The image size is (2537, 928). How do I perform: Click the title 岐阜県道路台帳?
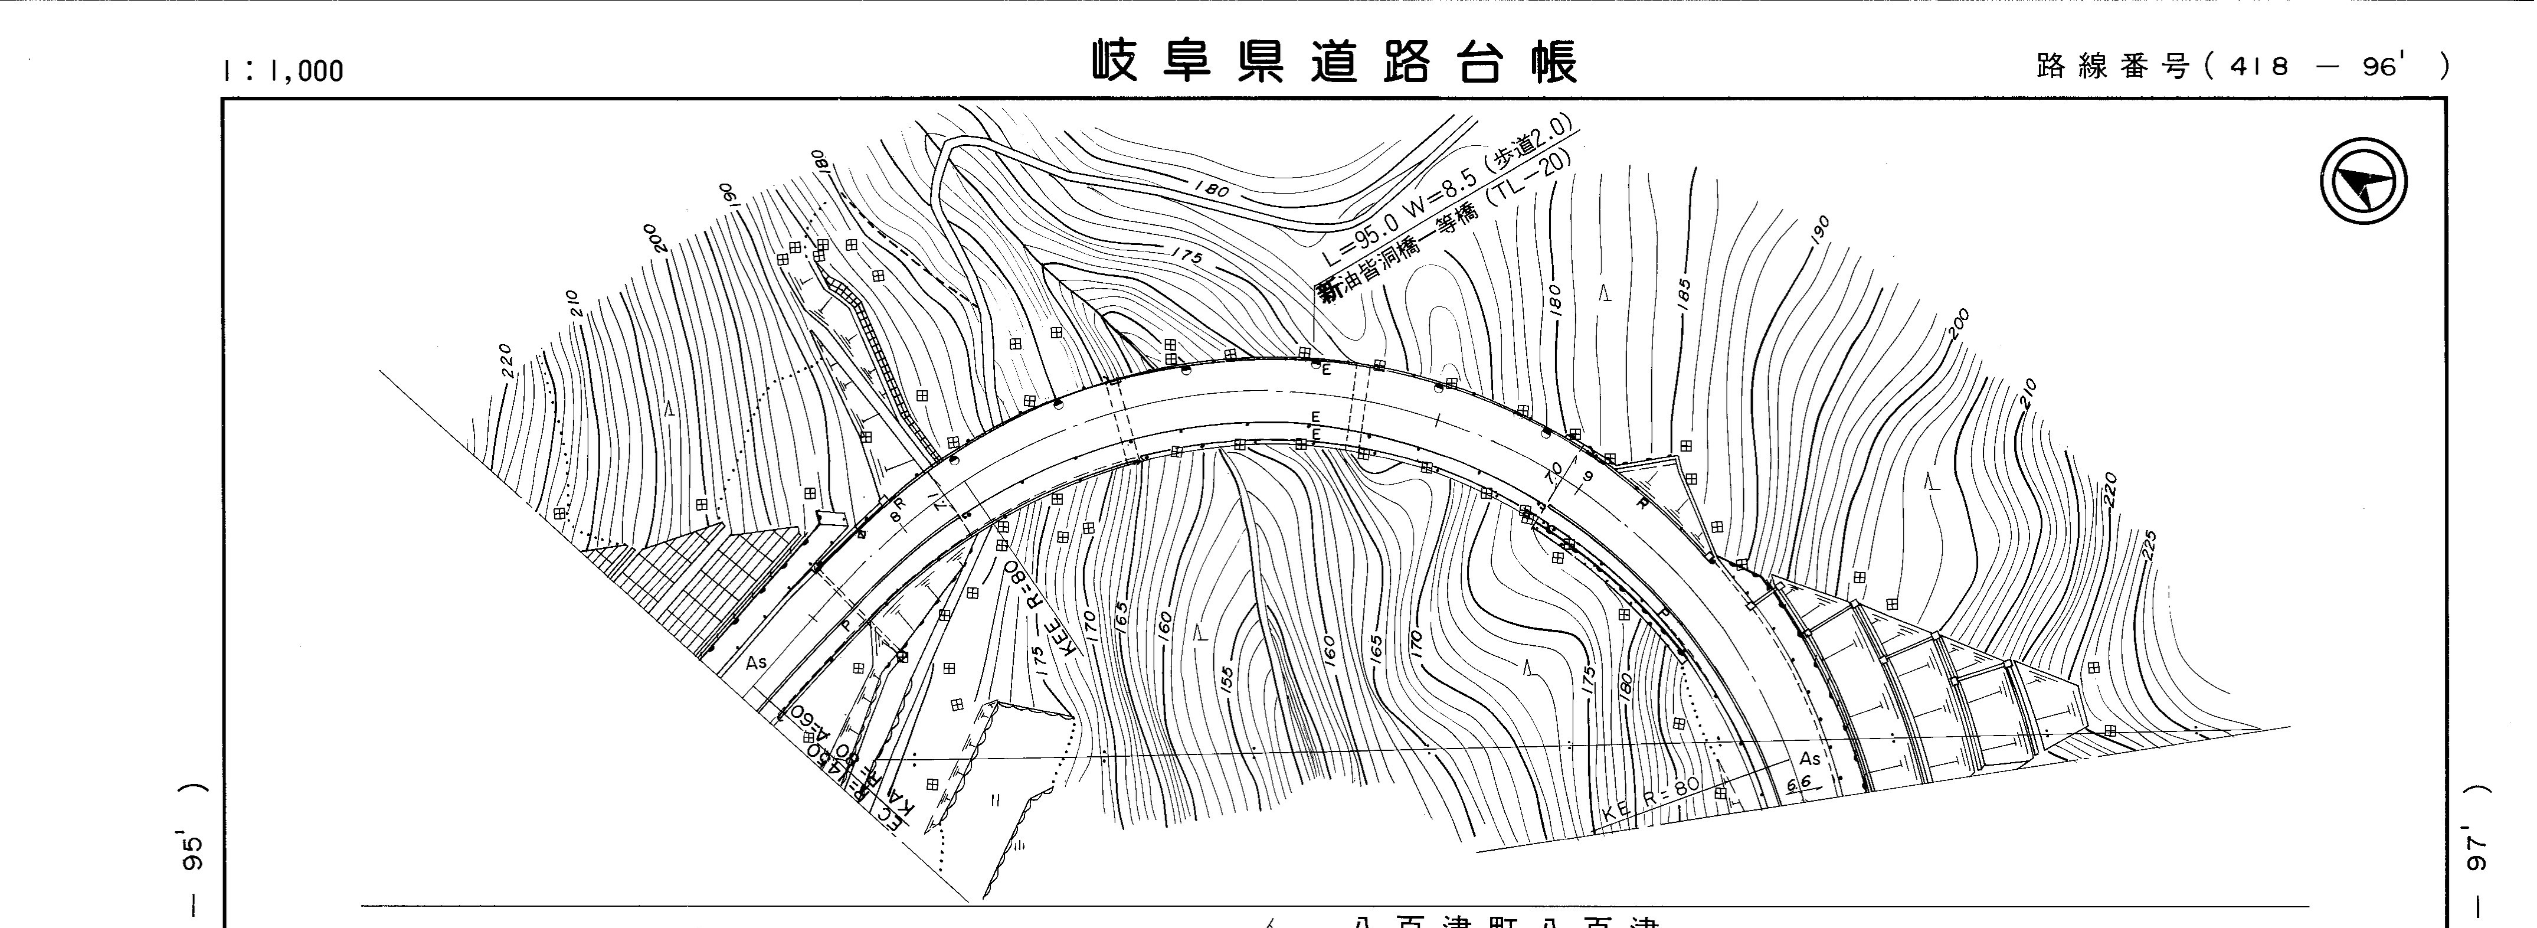click(x=1334, y=61)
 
